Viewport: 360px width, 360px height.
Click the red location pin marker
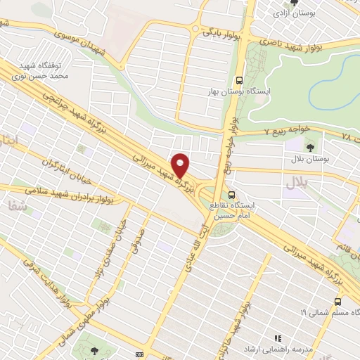coord(181,165)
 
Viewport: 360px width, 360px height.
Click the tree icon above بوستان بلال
coord(310,148)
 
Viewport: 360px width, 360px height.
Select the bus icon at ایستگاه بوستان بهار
coord(240,80)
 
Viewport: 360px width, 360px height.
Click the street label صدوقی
coord(138,240)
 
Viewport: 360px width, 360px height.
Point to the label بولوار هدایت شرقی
coord(48,283)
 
